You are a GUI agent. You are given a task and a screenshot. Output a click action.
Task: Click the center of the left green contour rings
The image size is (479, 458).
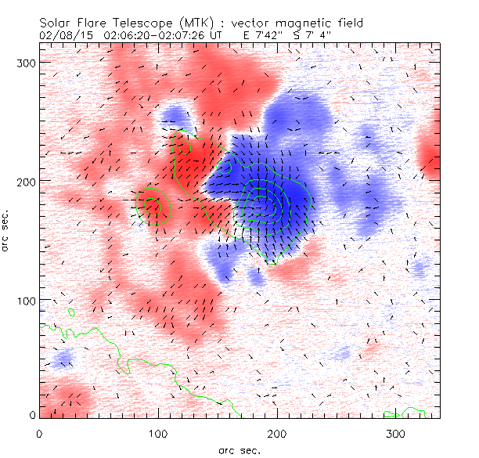pos(153,206)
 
